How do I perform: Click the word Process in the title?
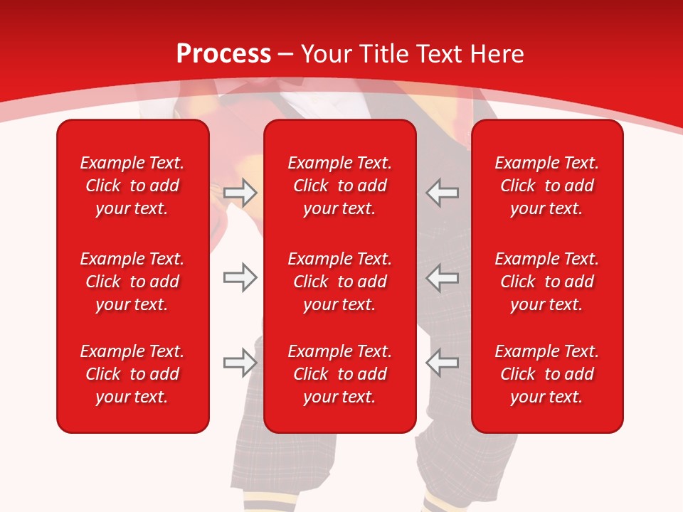(x=223, y=54)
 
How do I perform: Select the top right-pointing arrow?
(x=240, y=192)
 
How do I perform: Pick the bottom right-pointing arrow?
(x=240, y=363)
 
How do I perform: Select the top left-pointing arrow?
(x=442, y=192)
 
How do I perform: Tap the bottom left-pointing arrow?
(x=442, y=363)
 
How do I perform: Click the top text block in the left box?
(x=132, y=186)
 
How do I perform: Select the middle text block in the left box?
(x=132, y=282)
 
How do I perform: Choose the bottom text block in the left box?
(x=132, y=374)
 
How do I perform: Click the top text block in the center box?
(x=340, y=186)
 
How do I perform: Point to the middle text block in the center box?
(x=340, y=282)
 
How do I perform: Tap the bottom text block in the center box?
(x=340, y=374)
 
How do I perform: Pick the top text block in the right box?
(x=547, y=186)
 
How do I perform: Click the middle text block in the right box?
(x=547, y=282)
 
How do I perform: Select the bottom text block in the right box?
(x=547, y=374)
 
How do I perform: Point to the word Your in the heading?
(x=326, y=54)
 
